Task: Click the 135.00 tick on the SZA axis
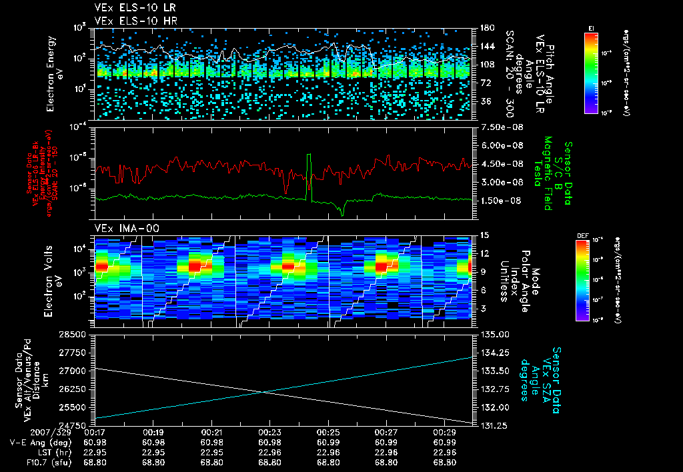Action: point(494,333)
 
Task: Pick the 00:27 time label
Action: point(387,433)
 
